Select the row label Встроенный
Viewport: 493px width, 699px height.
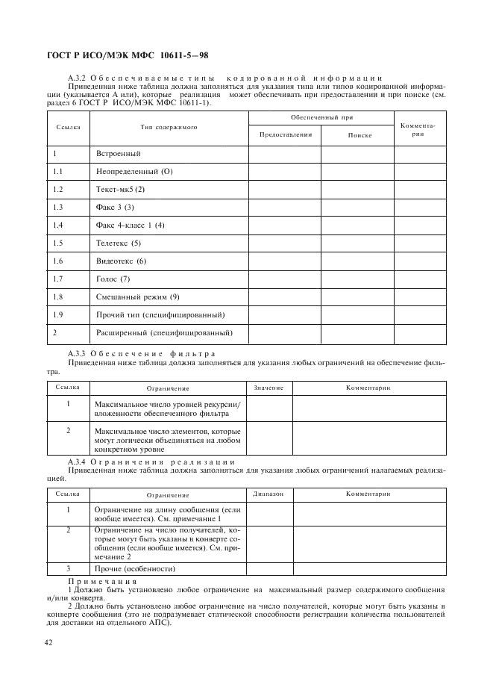point(118,154)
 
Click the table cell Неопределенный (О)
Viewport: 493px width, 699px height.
point(134,172)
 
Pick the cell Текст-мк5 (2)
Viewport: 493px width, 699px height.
point(120,190)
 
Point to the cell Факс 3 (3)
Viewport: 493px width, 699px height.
point(115,208)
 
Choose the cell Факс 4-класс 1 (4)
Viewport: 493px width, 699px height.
point(130,226)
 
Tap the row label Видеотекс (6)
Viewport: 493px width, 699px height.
point(121,261)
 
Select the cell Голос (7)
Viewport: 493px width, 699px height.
point(113,279)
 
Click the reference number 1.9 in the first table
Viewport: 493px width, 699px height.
point(58,315)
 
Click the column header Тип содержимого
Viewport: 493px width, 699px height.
point(169,128)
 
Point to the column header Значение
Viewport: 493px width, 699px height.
point(269,388)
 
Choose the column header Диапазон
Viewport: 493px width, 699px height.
point(269,494)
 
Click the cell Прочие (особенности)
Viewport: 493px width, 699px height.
point(135,569)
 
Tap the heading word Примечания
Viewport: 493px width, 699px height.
point(103,581)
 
